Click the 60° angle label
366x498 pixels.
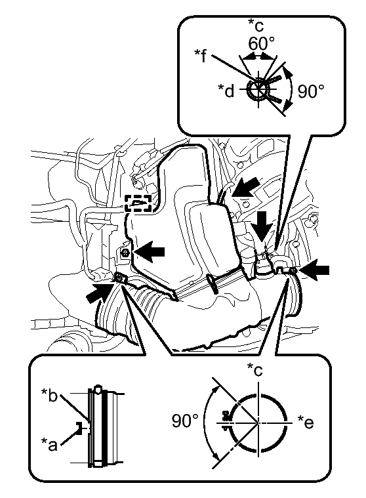pos(261,43)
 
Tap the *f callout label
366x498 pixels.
pos(201,56)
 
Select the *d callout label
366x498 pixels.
pos(226,91)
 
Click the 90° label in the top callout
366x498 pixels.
pos(311,91)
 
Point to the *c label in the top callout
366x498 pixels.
pos(256,26)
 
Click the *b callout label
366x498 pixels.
pos(49,395)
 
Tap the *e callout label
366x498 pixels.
pos(306,422)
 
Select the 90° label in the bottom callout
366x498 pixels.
pos(186,421)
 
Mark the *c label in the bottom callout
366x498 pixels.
pos(255,369)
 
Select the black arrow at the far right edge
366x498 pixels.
pos(314,270)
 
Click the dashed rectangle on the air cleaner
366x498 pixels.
pos(138,203)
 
